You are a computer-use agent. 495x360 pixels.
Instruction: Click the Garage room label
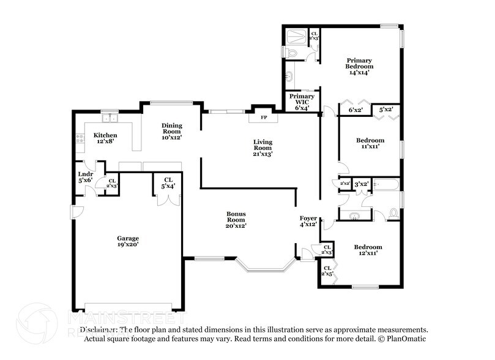click(128, 241)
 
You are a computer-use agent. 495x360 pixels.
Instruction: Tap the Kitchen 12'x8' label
click(105, 138)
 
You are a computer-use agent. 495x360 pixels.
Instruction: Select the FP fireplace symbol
click(264, 116)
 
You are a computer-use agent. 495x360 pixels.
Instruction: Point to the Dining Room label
click(171, 132)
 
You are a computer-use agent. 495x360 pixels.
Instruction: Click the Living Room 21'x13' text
click(262, 148)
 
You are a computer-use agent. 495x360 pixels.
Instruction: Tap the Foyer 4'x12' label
click(308, 221)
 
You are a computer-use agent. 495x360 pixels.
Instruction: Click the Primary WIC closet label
click(302, 102)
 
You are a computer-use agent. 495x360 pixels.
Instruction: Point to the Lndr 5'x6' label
click(85, 178)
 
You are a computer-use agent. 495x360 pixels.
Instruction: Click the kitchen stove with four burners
click(80, 139)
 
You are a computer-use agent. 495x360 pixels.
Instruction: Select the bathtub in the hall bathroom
click(386, 183)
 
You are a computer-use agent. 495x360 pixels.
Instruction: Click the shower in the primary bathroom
click(297, 35)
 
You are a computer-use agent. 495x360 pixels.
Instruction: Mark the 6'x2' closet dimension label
click(355, 110)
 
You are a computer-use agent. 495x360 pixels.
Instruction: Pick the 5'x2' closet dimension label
click(386, 110)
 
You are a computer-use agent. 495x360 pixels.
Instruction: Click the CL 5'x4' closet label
click(167, 183)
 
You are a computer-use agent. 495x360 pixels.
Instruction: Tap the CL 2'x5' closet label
click(327, 271)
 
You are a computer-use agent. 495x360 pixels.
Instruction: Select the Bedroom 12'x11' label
click(368, 250)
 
